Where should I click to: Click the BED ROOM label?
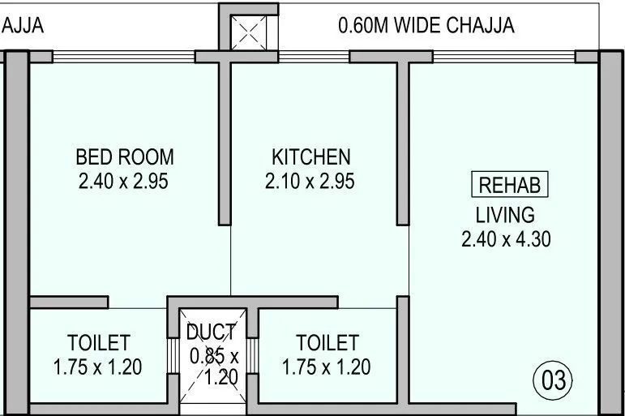coord(124,157)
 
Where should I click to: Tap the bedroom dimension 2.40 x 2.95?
coord(123,181)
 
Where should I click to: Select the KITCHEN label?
coord(310,157)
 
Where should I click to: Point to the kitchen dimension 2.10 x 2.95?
coord(310,181)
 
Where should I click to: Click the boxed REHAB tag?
coord(509,185)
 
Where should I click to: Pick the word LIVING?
coord(505,215)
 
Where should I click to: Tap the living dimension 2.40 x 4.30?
coord(506,239)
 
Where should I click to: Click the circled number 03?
coord(553,380)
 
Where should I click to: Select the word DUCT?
coord(211,332)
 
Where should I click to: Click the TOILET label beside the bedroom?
coord(98,342)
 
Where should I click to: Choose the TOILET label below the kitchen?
coord(327,342)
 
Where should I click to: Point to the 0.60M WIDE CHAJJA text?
coord(426,26)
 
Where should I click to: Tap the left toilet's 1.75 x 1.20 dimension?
coord(97,367)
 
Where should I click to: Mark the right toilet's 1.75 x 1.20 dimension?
coord(326,367)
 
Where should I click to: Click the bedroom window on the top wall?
coord(123,57)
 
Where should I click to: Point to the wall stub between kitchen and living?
coord(402,142)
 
